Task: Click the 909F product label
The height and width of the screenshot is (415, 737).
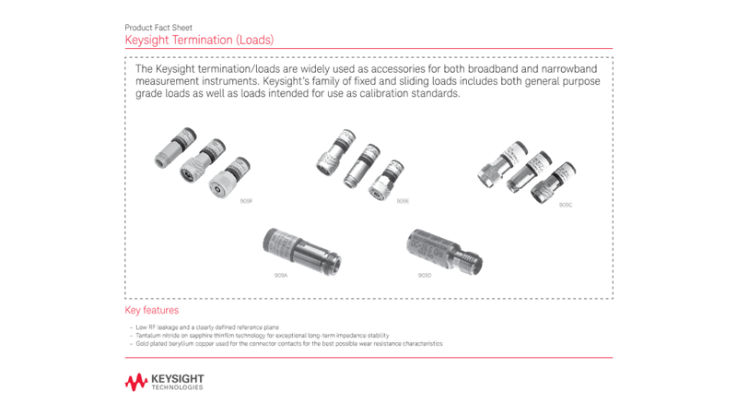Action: coord(246,200)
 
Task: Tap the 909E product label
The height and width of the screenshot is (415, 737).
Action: coord(403,200)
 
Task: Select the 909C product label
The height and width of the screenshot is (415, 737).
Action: coord(566,205)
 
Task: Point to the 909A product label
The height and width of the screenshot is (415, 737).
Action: coord(281,275)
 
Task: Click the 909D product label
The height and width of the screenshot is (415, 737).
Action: coord(425,275)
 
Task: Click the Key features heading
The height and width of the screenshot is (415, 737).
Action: coord(151,311)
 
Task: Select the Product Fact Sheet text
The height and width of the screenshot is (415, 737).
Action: coord(158,28)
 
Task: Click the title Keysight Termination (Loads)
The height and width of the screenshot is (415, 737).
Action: coord(199,41)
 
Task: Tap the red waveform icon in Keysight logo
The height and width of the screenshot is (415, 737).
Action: coord(136,381)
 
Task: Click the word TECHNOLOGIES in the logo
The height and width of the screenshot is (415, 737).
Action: coord(178,387)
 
